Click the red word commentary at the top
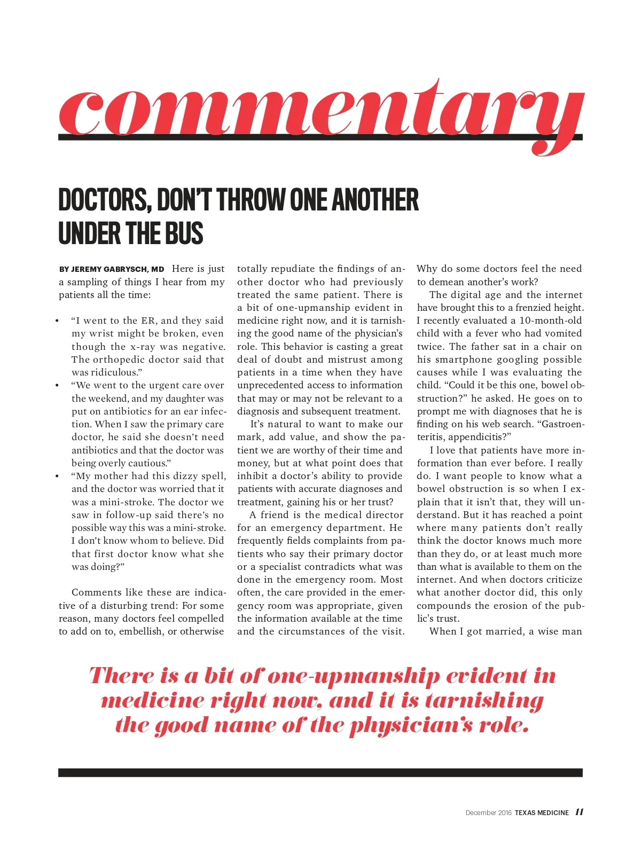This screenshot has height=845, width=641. pos(320,112)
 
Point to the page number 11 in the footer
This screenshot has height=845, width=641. pos(580,812)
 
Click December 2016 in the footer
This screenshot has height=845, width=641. pos(488,812)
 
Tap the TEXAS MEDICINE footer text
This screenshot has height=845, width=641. pos(542,812)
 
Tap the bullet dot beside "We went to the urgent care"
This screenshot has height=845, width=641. pos(57,385)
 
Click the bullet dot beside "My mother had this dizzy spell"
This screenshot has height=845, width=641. pos(57,476)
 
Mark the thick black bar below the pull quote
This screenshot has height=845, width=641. pos(320,772)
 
